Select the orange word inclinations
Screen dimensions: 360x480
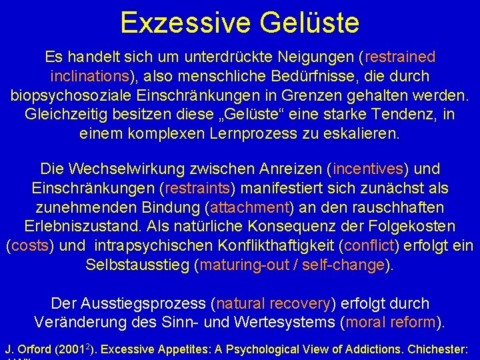pyautogui.click(x=97, y=76)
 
